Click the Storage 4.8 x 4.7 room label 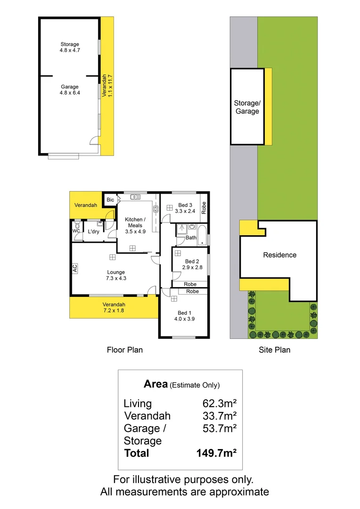click(x=70, y=47)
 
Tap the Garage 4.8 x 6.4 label click(x=70, y=90)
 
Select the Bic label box click(x=110, y=200)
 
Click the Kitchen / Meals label click(x=135, y=225)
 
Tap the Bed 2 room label click(x=192, y=264)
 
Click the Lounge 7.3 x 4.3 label click(x=116, y=275)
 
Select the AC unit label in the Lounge click(x=75, y=268)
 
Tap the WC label click(x=76, y=231)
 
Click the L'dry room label click(x=93, y=231)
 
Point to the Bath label click(x=191, y=238)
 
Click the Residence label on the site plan click(x=279, y=255)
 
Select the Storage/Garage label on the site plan click(x=247, y=107)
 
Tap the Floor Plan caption click(x=124, y=350)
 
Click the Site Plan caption click(x=275, y=350)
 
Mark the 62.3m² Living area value click(x=219, y=403)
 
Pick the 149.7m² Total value click(x=216, y=453)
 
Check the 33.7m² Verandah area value click(x=219, y=416)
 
